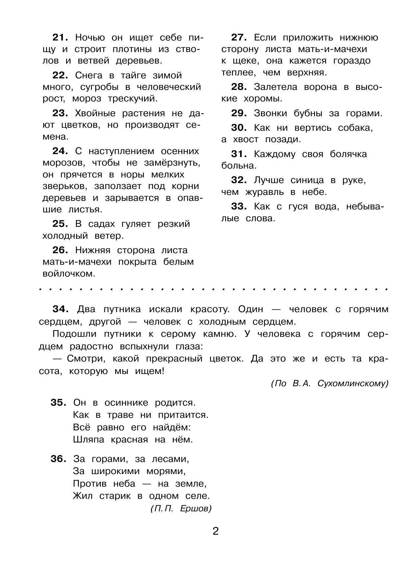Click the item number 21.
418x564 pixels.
click(x=60, y=38)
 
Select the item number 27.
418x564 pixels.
click(x=239, y=38)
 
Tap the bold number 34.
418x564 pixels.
click(x=60, y=309)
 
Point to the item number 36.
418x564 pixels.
click(x=58, y=459)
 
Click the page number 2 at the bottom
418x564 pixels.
click(x=216, y=531)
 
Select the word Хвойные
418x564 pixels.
click(x=95, y=114)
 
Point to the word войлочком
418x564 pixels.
click(x=69, y=274)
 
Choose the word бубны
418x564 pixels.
click(x=304, y=114)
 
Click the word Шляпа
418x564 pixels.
click(x=88, y=440)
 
